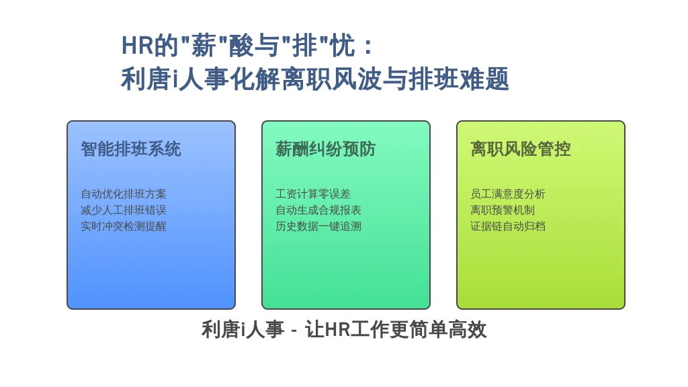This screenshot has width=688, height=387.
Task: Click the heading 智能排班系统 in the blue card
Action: [x=131, y=149]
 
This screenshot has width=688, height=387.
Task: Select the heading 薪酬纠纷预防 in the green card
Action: [x=326, y=149]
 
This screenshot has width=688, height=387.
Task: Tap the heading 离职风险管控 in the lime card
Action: [x=521, y=149]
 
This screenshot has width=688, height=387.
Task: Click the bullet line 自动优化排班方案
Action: [x=124, y=194]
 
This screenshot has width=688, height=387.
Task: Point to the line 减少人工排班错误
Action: [x=124, y=210]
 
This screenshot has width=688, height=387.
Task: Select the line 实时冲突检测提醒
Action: [x=124, y=226]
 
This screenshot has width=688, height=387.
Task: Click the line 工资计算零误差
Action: [x=313, y=194]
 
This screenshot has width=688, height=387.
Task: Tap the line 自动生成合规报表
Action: [x=318, y=210]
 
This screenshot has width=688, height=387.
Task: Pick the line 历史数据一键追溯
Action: [x=318, y=226]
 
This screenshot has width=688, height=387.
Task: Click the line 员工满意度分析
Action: [x=508, y=194]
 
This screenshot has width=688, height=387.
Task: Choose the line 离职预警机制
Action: [x=503, y=210]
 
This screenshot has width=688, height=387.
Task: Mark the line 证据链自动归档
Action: [x=508, y=226]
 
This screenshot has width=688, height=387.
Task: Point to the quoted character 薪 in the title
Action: [x=204, y=46]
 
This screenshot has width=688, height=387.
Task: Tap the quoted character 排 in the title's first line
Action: [x=305, y=46]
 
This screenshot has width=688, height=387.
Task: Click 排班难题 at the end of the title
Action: [x=459, y=79]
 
